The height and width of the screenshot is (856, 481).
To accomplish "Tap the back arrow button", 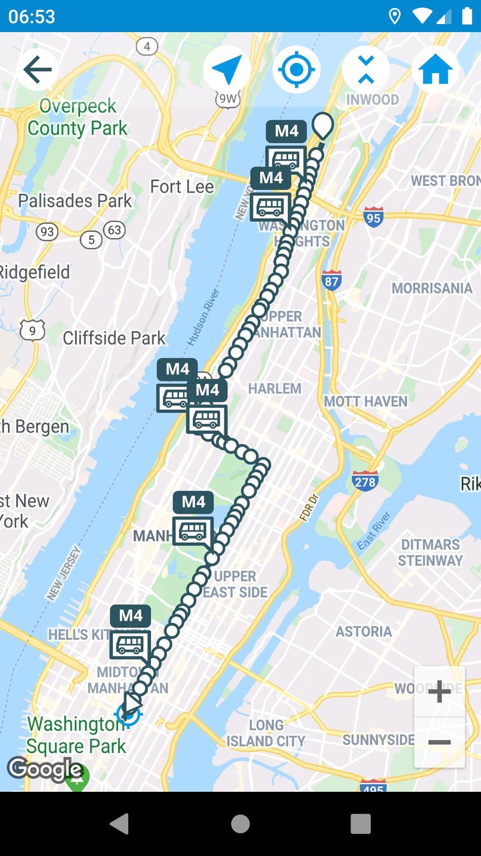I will pyautogui.click(x=37, y=70).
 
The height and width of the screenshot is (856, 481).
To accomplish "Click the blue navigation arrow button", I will pyautogui.click(x=227, y=70).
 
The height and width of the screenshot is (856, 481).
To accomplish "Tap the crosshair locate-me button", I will pyautogui.click(x=297, y=70).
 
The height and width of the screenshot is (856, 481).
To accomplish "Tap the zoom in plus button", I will pyautogui.click(x=439, y=692).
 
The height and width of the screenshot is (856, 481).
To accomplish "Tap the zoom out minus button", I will pyautogui.click(x=439, y=742).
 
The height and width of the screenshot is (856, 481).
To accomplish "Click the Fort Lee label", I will pyautogui.click(x=182, y=187).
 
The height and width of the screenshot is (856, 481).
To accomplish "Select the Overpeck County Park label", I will pyautogui.click(x=77, y=117).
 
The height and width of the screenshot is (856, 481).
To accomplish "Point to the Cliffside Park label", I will pyautogui.click(x=114, y=338).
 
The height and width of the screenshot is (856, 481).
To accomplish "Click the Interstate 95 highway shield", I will pyautogui.click(x=373, y=217).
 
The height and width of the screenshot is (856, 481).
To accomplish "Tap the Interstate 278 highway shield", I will pyautogui.click(x=365, y=480).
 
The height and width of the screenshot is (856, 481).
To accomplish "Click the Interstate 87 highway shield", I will pyautogui.click(x=331, y=280).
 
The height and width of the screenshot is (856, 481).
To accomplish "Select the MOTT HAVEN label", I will pyautogui.click(x=365, y=401).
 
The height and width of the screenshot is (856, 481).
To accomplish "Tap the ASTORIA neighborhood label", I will pyautogui.click(x=363, y=631).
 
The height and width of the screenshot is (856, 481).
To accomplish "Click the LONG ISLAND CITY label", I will pyautogui.click(x=266, y=733).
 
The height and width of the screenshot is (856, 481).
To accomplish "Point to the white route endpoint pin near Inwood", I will pyautogui.click(x=323, y=125).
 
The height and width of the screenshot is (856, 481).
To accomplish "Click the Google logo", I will pyautogui.click(x=45, y=770).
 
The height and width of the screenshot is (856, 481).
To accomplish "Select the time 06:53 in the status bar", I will pyautogui.click(x=31, y=16).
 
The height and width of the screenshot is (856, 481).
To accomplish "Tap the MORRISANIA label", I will pyautogui.click(x=432, y=288).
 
